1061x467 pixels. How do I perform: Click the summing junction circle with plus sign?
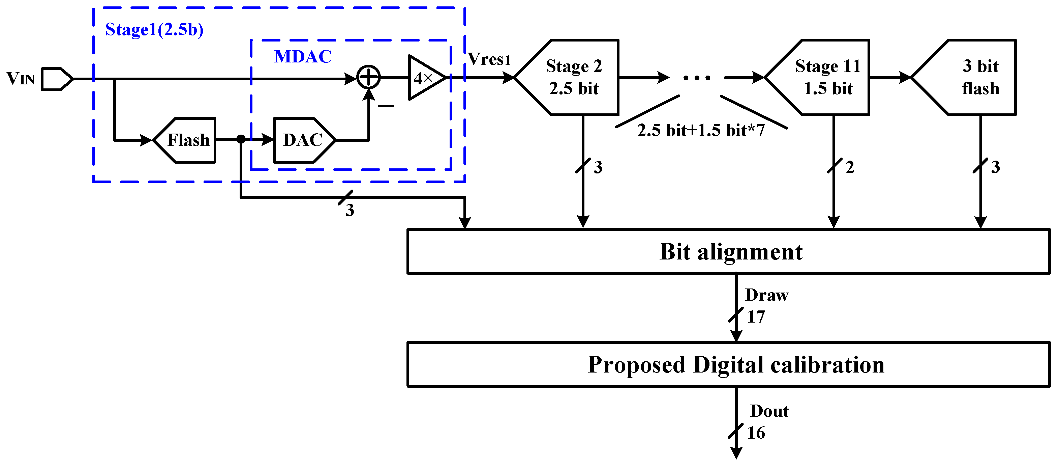(368, 77)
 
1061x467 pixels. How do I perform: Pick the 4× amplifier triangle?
(424, 78)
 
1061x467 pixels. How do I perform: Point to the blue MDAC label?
(303, 56)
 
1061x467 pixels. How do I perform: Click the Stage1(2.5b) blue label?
(154, 29)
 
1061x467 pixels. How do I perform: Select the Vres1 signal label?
(489, 59)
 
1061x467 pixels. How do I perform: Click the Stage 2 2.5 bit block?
(573, 77)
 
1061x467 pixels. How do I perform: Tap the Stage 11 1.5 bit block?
(824, 77)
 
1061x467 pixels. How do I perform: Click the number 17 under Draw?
(756, 317)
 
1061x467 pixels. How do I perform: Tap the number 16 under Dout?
(756, 433)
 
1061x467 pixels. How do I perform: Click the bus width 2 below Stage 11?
(850, 167)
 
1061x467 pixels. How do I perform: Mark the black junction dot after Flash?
(241, 139)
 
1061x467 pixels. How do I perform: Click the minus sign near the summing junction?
(386, 106)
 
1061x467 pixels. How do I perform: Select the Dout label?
(769, 411)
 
